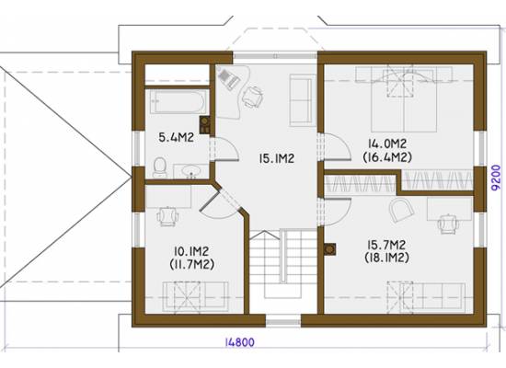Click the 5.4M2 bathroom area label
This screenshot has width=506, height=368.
177,137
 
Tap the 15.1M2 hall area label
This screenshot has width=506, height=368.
277,158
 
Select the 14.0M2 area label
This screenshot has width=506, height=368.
387,143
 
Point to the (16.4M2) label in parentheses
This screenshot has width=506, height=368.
387,157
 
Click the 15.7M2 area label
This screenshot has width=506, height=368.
386,245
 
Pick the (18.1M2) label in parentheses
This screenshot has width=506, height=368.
386,258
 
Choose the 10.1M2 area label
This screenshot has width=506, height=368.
191,251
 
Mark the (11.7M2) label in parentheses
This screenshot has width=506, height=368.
191,265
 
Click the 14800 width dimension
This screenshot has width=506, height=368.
239,342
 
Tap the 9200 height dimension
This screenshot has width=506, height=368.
497,177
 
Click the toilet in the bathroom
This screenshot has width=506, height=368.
160,167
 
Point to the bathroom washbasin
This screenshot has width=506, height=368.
190,171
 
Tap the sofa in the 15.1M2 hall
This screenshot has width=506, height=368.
302,99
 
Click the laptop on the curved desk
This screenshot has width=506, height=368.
228,77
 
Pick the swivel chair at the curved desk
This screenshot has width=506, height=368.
253,96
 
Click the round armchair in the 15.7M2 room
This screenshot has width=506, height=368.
401,209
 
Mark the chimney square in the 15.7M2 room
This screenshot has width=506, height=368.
329,249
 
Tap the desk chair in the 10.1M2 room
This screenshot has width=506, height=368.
167,215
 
